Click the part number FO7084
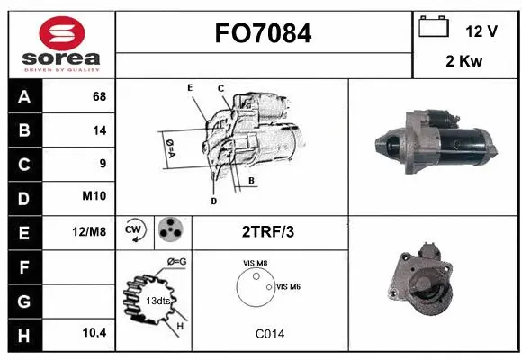263,34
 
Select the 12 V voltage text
481,31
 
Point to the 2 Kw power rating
465,61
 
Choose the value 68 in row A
98,96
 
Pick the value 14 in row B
98,130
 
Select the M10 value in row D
95,197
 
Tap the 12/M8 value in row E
91,231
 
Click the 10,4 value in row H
94,333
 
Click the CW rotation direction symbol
134,230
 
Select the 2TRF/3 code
268,231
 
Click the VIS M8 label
255,263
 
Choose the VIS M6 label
288,286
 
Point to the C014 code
269,333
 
